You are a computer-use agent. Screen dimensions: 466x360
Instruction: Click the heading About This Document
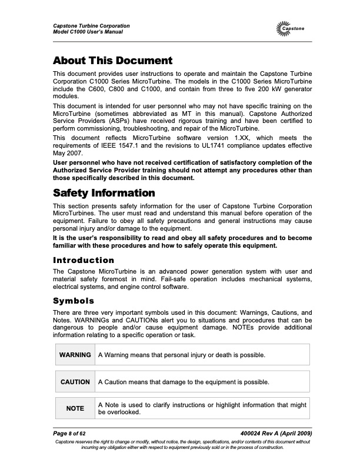pyautogui.click(x=112, y=61)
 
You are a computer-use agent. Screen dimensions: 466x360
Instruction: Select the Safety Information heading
pyautogui.click(x=104, y=193)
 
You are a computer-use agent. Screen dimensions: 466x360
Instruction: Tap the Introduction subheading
pyautogui.click(x=84, y=260)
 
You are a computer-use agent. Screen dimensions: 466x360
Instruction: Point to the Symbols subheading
pyautogui.click(x=73, y=300)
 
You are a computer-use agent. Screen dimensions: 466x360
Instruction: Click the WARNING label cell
pyautogui.click(x=75, y=355)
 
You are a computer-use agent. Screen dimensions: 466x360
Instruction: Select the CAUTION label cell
pyautogui.click(x=75, y=382)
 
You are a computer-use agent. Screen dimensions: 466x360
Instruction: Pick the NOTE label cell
pyautogui.click(x=75, y=408)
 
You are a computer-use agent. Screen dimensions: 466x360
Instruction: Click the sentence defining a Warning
pyautogui.click(x=182, y=355)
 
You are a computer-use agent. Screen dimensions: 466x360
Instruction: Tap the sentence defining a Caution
pyautogui.click(x=184, y=382)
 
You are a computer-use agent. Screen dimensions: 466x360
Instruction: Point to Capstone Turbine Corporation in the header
pyautogui.click(x=91, y=26)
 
